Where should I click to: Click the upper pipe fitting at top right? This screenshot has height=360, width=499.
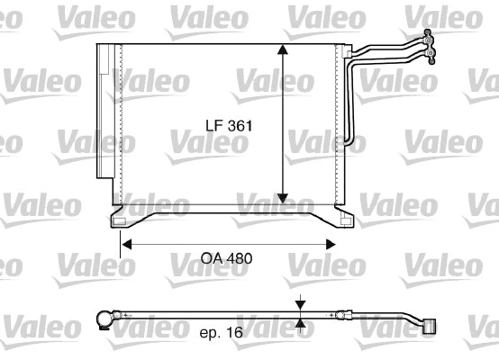pyautogui.click(x=429, y=37)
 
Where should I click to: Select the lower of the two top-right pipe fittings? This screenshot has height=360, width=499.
pyautogui.click(x=433, y=57)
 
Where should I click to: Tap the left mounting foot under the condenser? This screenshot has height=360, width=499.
pyautogui.click(x=118, y=218)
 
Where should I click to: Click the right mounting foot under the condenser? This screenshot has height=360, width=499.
pyautogui.click(x=344, y=218)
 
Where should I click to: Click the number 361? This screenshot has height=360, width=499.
pyautogui.click(x=238, y=128)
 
